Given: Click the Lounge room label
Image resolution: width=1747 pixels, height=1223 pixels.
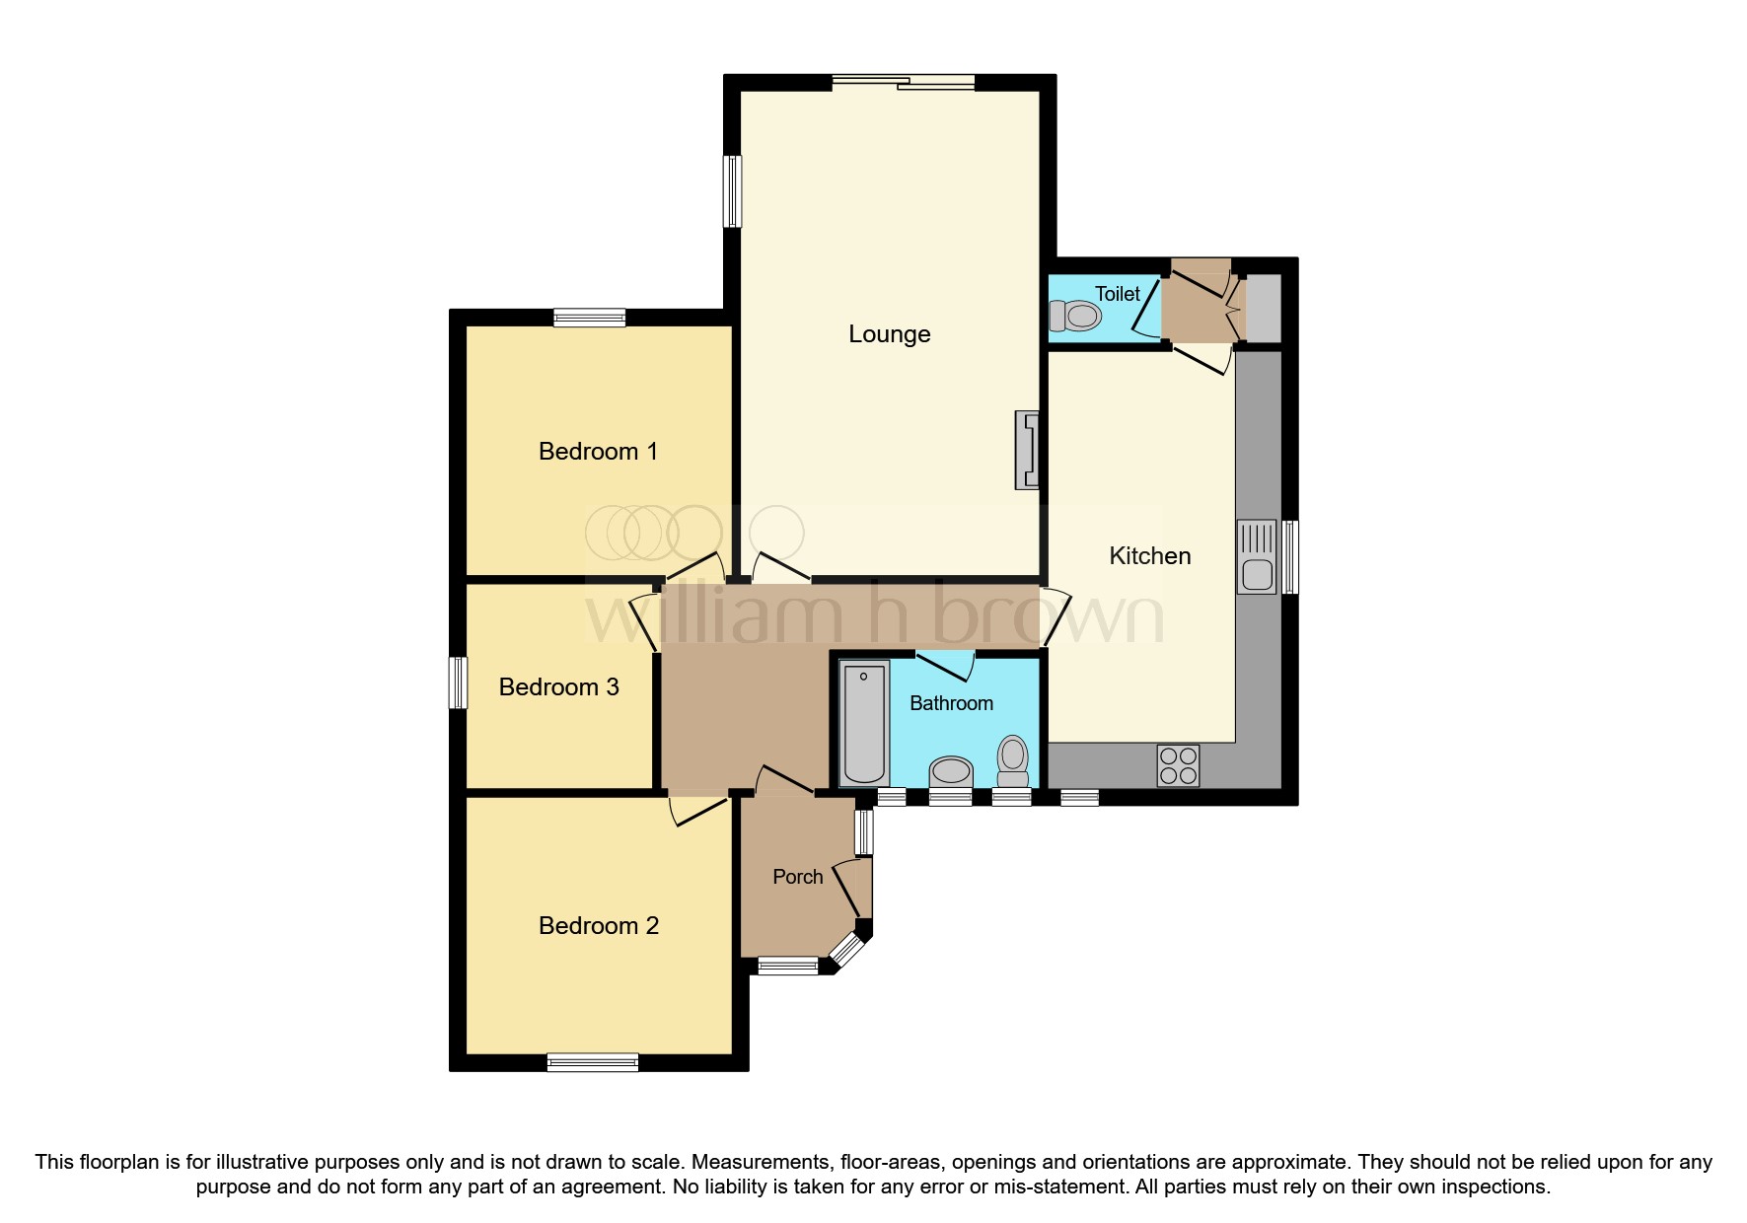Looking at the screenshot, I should pos(889,334).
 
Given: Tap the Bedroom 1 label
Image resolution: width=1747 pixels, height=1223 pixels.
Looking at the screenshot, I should pos(598,452).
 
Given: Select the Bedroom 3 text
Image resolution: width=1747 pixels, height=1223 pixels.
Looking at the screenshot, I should pos(558,687).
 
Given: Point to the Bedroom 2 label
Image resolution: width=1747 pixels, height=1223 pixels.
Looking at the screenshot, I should pos(598,926).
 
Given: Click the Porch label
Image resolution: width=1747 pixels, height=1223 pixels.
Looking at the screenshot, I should pos(797,877).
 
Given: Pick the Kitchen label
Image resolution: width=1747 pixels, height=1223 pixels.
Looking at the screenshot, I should pos(1149,556).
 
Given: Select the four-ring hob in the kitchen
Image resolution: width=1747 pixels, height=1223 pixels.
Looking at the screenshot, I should pos(1178,765).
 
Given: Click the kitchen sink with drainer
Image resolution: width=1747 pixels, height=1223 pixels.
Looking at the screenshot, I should pos(1257,557).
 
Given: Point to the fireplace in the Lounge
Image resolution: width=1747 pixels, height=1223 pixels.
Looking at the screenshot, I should pos(1027,451).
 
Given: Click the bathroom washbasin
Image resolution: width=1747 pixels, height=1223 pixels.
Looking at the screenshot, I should pos(951,770).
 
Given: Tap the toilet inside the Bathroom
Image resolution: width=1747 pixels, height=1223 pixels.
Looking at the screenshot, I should pos(1013,757).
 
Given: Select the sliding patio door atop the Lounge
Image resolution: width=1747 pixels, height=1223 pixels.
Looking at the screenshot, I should pos(904,84).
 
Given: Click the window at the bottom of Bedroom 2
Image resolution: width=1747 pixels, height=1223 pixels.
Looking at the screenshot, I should pos(593,1062).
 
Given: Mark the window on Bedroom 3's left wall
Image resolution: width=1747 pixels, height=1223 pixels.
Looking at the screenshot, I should pos(458,683).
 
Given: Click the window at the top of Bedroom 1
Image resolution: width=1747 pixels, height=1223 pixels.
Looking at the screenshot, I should pos(589,318).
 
